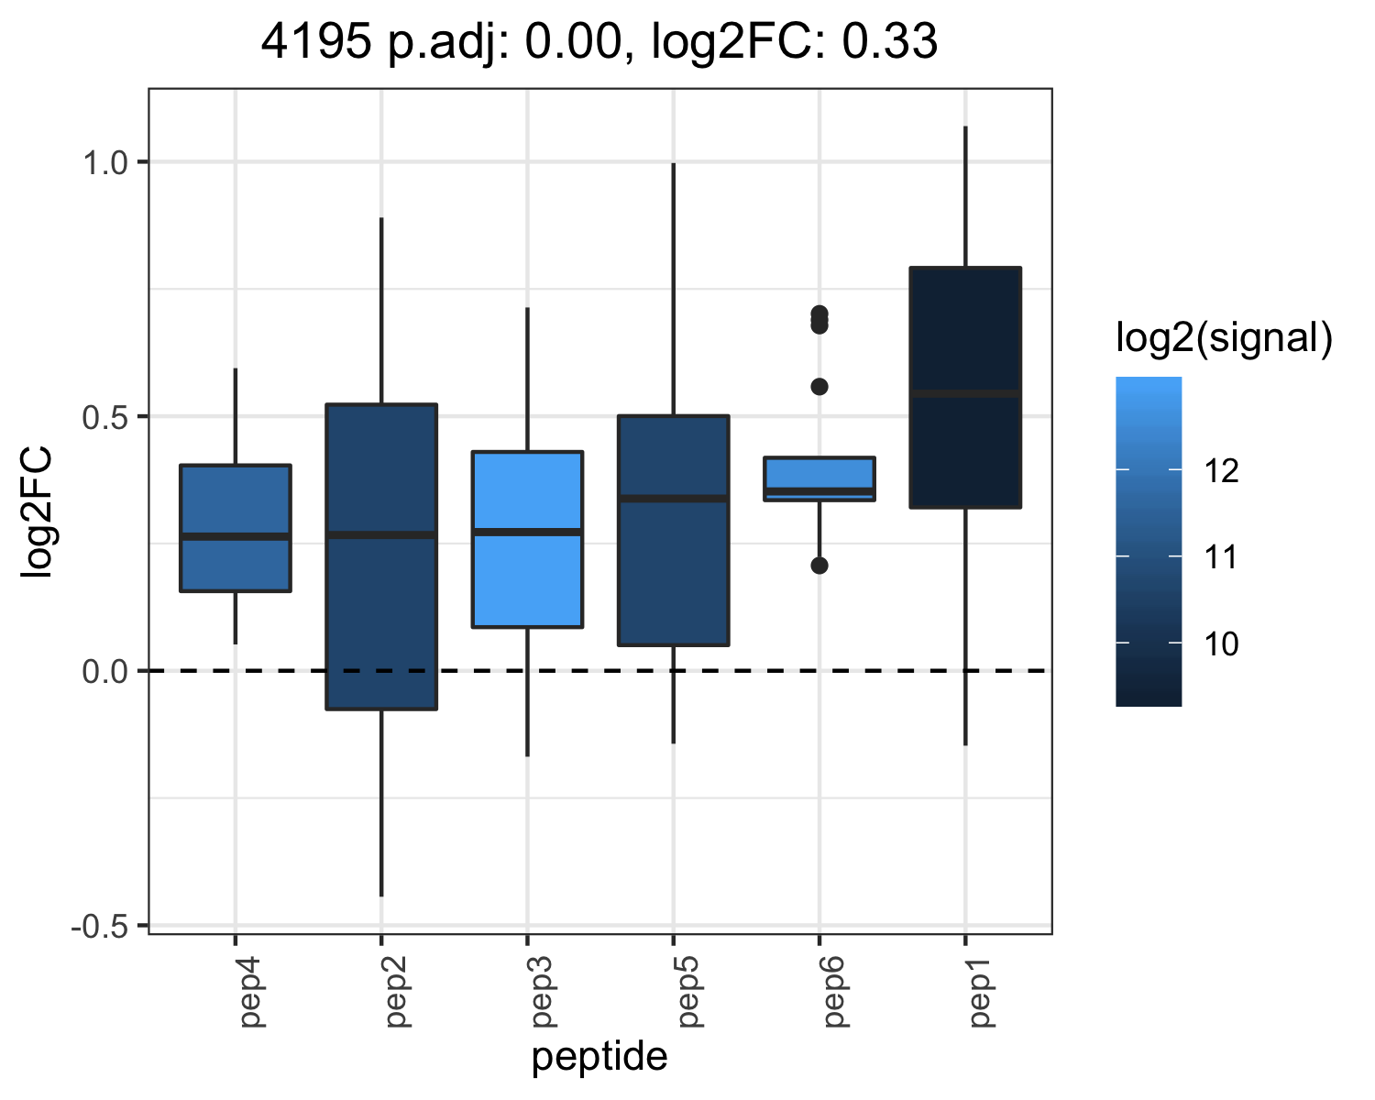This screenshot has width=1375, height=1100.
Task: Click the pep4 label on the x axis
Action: pos(251,992)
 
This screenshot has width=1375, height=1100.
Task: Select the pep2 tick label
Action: pos(397,992)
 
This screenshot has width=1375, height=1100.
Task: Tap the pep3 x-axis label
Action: pos(543,992)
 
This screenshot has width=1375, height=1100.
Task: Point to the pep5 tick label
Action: pos(688,992)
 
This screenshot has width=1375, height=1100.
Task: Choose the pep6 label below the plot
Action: pos(834,992)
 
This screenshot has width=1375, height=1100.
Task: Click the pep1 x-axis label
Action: pos(980,992)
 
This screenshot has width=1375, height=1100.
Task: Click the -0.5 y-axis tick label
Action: pos(100,927)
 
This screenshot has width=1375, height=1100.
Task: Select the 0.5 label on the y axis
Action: pos(106,418)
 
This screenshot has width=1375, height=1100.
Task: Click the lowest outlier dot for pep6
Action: pos(819,565)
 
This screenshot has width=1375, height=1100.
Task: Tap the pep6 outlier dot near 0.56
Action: pos(819,386)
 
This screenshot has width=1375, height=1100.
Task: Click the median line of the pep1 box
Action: pos(965,394)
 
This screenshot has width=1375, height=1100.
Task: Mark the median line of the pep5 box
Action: pos(674,498)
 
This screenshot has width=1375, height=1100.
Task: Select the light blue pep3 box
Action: pos(527,539)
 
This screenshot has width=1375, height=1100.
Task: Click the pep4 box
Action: pos(236,528)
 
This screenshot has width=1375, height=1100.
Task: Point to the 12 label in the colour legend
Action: pos(1221,471)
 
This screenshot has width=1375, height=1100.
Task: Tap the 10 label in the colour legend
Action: pos(1221,643)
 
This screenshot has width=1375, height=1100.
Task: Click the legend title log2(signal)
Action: pos(1225,337)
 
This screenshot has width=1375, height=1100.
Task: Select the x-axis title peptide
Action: pos(599,1057)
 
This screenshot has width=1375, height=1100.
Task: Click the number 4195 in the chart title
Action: pos(315,41)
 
